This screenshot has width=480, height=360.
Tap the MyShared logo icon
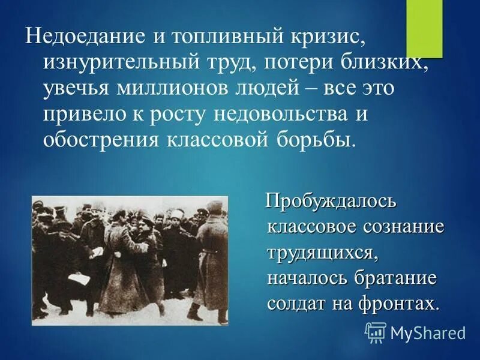[x=375, y=331]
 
